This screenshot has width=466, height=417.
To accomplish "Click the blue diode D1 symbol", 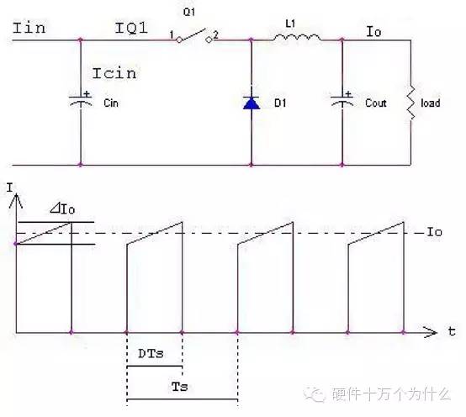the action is click(252, 103).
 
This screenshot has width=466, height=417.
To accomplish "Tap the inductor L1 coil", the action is click(297, 37).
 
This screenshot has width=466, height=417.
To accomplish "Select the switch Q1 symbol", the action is click(194, 36).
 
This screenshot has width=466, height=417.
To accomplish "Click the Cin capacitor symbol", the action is click(81, 100).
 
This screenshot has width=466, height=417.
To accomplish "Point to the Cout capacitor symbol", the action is click(342, 100).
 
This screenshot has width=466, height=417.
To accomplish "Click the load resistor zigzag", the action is click(410, 103).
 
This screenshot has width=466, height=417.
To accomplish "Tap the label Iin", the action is click(29, 28).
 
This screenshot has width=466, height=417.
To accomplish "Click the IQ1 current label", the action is click(131, 28).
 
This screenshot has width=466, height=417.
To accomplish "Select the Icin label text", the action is click(114, 73).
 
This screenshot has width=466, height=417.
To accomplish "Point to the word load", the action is click(431, 103).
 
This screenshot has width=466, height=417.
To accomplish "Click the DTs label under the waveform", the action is click(151, 353).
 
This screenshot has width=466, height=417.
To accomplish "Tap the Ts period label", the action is click(180, 387).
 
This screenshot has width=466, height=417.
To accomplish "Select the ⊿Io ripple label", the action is click(62, 208).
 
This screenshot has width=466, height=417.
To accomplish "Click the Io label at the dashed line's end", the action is click(434, 232).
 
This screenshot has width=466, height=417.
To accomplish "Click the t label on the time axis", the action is click(452, 331).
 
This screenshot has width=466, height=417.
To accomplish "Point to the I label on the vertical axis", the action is click(10, 187).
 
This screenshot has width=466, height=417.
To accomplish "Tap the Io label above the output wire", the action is click(373, 31).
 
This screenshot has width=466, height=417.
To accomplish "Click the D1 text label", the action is click(280, 103).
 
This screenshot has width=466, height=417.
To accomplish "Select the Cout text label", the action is click(376, 103).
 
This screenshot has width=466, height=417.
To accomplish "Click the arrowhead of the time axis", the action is click(431, 332).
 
